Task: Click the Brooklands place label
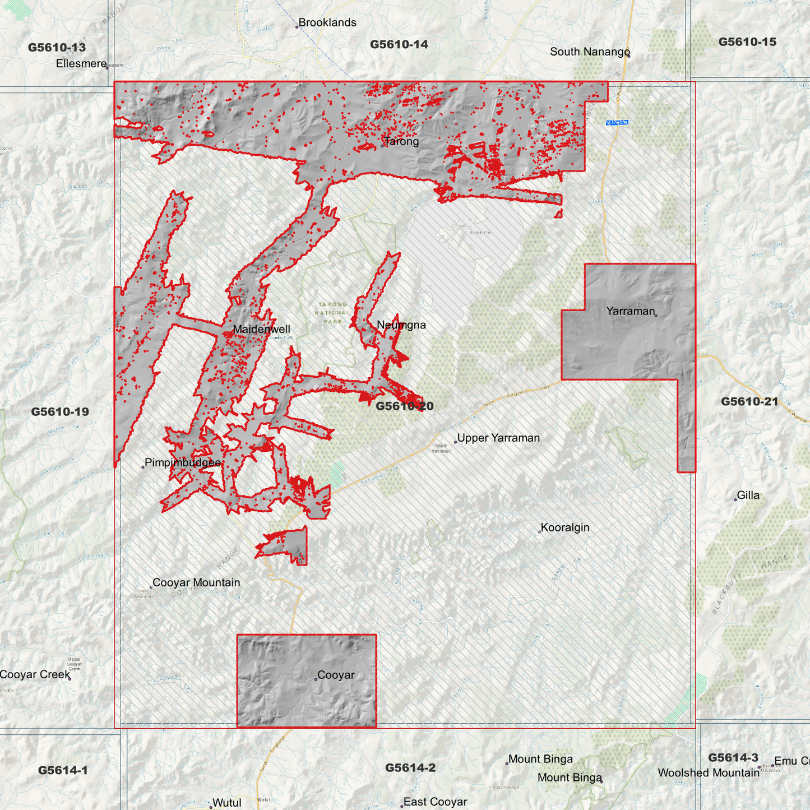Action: coord(327,22)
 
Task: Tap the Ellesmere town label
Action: coord(81,63)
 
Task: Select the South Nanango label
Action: coord(590,52)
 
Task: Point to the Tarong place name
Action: coord(401,141)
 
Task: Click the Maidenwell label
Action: coord(261,329)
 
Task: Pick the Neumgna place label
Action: coord(401,325)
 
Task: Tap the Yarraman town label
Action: coord(630,311)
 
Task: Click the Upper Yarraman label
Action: coord(498,438)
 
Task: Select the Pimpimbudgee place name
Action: coord(183,462)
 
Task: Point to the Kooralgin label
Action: coord(565,527)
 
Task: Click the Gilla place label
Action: coord(748,495)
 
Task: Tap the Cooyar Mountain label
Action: coord(196,582)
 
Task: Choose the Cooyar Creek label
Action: coord(35,674)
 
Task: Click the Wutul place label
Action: coord(227,803)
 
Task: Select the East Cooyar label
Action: coord(435,802)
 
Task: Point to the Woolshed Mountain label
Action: coord(709,772)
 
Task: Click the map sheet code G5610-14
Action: coord(399,44)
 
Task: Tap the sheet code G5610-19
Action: coord(60,411)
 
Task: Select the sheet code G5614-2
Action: coord(410,767)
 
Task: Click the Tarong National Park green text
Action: coord(332,313)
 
